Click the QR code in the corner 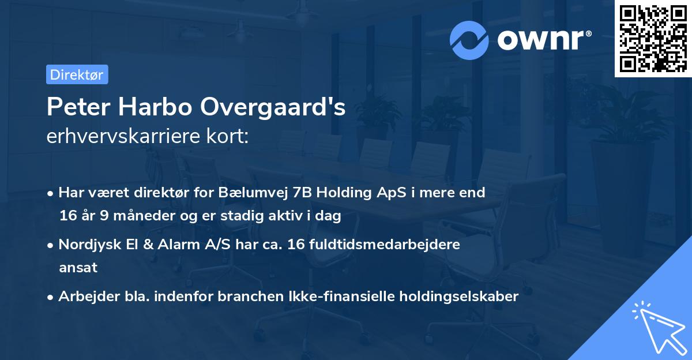click(x=653, y=39)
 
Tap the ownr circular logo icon click(x=469, y=40)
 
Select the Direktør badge click(x=77, y=74)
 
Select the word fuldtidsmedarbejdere click(x=379, y=244)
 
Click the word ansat click(x=78, y=268)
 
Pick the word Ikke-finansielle click(x=349, y=297)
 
